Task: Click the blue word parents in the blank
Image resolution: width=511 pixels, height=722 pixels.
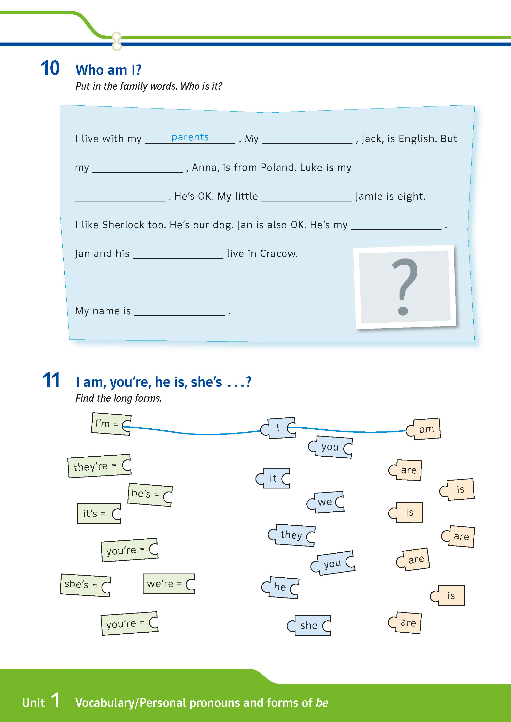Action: coord(190,137)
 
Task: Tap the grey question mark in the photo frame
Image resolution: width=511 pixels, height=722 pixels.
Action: coord(405,287)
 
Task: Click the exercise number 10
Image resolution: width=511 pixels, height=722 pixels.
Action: coord(50,68)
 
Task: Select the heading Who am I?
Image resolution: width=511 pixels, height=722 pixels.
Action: coord(109,70)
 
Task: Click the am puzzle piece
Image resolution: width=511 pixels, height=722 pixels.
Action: coord(423,429)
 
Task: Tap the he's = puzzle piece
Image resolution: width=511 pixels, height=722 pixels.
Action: coord(150,494)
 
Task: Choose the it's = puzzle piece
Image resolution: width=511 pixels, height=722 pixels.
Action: coord(99,513)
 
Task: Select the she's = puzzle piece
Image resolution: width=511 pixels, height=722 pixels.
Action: coord(85,585)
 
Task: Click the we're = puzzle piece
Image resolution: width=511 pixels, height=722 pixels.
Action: coord(169,584)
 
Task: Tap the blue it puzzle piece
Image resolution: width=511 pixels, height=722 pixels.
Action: coord(273,478)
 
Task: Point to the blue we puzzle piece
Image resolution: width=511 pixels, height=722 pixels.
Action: coord(326,502)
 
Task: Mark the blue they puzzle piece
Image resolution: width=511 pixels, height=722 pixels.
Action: coord(292,535)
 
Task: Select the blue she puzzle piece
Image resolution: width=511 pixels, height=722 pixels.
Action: coord(309,625)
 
